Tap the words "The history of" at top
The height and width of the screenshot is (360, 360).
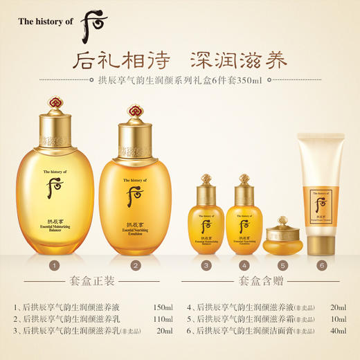(x=44, y=22)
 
